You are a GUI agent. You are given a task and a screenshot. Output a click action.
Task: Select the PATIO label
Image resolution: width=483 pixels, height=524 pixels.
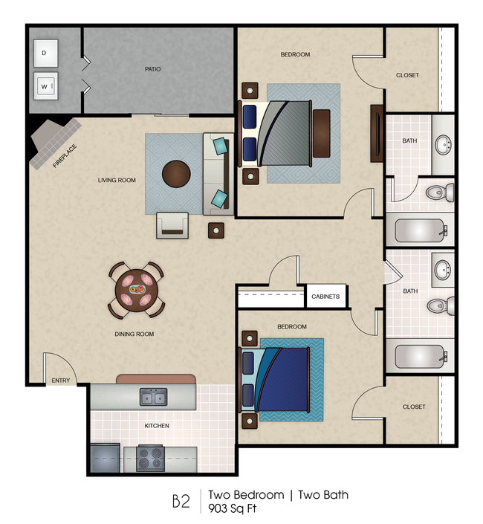pyautogui.click(x=152, y=69)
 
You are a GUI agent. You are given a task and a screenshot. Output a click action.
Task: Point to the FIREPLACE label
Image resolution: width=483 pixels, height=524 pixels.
pyautogui.click(x=65, y=156)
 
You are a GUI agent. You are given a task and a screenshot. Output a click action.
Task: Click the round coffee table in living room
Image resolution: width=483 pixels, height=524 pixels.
pyautogui.click(x=177, y=175)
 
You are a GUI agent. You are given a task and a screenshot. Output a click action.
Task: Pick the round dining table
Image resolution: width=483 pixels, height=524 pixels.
pyautogui.click(x=137, y=288)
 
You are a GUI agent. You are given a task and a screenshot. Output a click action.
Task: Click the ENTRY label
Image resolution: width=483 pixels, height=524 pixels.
pyautogui.click(x=59, y=382)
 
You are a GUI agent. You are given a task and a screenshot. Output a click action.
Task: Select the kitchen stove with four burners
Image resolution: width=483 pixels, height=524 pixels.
pyautogui.click(x=150, y=457)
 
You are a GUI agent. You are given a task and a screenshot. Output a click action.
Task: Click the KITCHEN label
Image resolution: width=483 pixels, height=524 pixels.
pyautogui.click(x=157, y=426)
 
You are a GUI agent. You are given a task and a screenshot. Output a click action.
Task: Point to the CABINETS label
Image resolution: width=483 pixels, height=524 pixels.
pyautogui.click(x=325, y=297)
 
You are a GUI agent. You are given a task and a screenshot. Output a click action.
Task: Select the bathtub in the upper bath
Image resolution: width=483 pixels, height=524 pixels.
pyautogui.click(x=419, y=230)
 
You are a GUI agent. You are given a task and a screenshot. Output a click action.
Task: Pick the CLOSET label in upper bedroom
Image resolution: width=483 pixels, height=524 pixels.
pyautogui.click(x=407, y=75)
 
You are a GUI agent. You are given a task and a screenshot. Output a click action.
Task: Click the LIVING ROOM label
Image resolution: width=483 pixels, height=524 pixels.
pyautogui.click(x=117, y=180)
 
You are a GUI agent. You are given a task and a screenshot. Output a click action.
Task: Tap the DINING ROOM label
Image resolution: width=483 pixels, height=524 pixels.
pyautogui.click(x=134, y=334)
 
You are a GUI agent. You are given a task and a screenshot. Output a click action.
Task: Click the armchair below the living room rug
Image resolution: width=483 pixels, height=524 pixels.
pyautogui.click(x=172, y=224)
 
